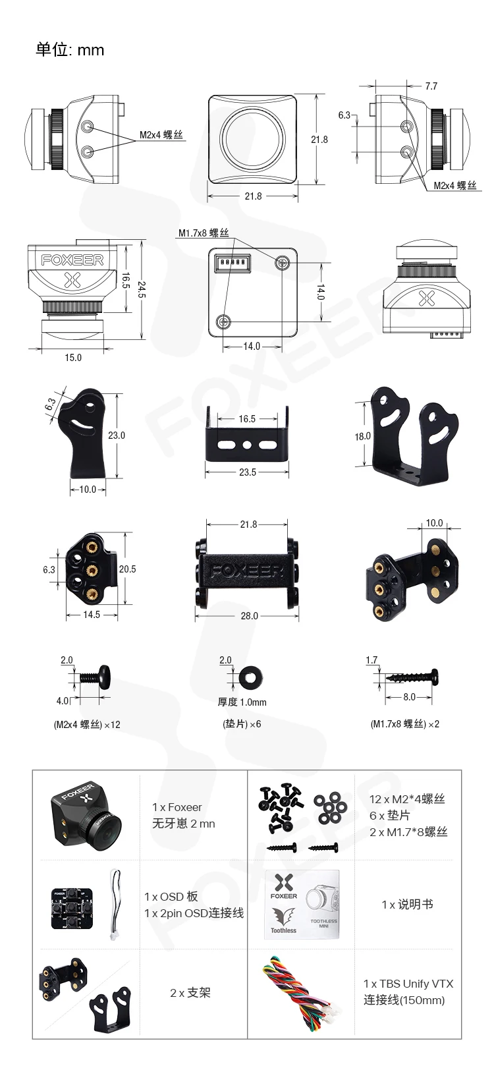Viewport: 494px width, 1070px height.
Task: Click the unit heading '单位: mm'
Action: click(70, 50)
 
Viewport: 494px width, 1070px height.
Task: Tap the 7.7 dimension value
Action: click(431, 86)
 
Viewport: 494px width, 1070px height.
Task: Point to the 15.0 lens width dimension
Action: click(73, 357)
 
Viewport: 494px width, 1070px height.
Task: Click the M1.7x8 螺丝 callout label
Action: click(203, 233)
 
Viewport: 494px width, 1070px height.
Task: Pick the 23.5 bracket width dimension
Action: click(247, 472)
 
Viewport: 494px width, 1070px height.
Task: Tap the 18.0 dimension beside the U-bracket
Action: click(362, 436)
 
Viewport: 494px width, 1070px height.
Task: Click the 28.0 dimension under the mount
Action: click(249, 615)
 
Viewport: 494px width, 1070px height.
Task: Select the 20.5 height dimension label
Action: click(127, 569)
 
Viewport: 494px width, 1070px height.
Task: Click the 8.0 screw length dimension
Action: click(409, 696)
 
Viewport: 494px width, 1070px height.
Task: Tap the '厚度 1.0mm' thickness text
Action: click(242, 702)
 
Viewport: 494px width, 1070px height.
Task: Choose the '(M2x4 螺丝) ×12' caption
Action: click(87, 724)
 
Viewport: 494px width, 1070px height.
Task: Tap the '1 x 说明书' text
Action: click(407, 905)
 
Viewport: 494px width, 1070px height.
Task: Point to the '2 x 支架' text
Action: click(190, 992)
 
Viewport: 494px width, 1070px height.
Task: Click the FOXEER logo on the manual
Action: click(285, 887)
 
